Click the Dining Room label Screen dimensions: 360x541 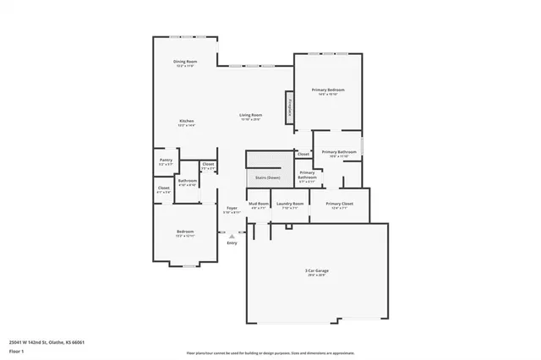click(x=186, y=63)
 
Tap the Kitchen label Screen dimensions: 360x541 click(x=187, y=123)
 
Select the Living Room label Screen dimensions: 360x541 click(x=251, y=117)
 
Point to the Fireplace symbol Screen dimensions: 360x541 click(x=291, y=107)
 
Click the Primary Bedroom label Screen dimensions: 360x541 click(x=328, y=90)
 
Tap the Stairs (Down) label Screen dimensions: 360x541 click(x=268, y=177)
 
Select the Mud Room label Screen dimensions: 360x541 click(x=259, y=205)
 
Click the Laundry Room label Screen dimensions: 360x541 click(x=290, y=205)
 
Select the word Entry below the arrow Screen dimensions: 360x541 click(x=232, y=243)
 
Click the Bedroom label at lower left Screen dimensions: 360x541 click(x=185, y=233)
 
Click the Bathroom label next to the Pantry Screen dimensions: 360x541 click(x=188, y=181)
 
